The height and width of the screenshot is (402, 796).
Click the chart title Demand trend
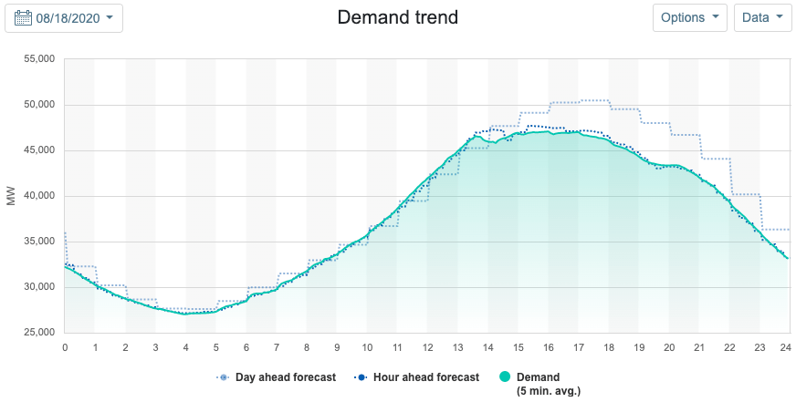(397, 17)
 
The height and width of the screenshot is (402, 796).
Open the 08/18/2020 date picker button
(64, 17)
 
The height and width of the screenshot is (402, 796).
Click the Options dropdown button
(689, 17)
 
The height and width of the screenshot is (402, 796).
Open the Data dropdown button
(762, 17)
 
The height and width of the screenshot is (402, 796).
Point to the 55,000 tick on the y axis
(37, 59)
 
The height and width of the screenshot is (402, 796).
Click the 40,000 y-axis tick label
(37, 196)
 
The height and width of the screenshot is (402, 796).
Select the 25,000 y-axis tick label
(37, 333)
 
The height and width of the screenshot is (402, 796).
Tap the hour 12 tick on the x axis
(427, 347)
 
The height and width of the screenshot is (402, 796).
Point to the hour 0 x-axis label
(65, 347)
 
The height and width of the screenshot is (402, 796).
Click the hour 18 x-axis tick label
(608, 347)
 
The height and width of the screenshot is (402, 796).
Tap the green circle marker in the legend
(507, 377)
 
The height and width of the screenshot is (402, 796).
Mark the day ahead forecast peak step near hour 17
(593, 100)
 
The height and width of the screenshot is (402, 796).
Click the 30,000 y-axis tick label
(37, 287)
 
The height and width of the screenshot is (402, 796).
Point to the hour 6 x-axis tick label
(246, 347)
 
